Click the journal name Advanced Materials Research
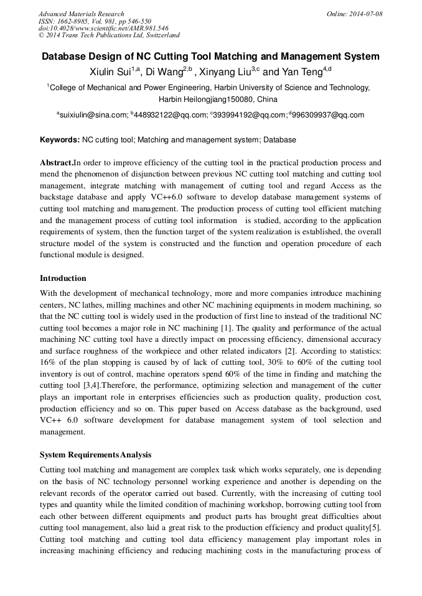[82, 14]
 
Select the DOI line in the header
[103, 28]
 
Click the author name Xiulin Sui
[113, 72]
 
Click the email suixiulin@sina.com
[94, 115]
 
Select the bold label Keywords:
[60, 140]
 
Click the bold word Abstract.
[57, 163]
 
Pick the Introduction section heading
[63, 278]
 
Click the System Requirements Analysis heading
[95, 455]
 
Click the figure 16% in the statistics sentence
[49, 362]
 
